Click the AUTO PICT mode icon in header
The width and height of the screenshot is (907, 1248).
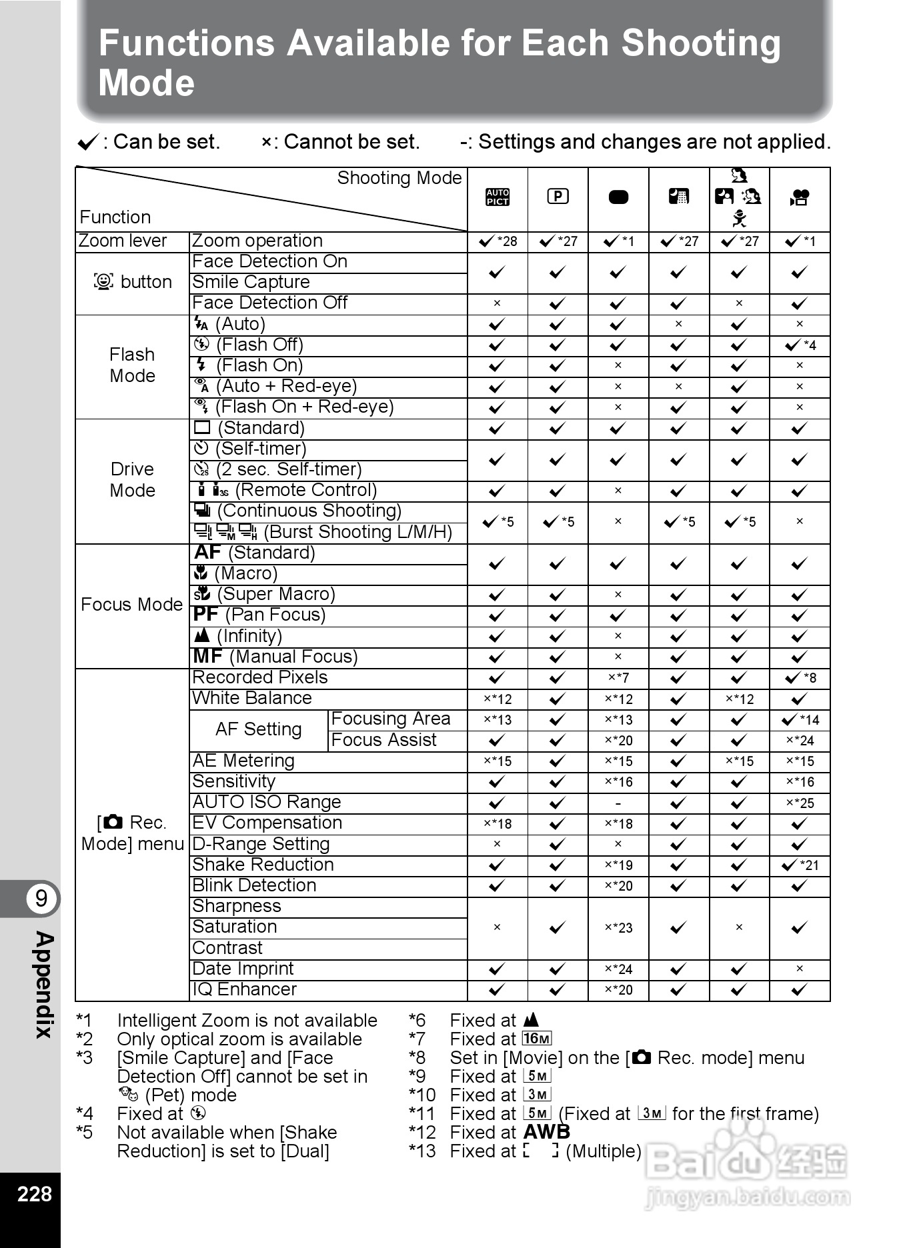click(x=498, y=197)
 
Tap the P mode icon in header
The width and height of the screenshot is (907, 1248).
click(x=558, y=196)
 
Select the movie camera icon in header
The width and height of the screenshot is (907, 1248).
click(x=799, y=197)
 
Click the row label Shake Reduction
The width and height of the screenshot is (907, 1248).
click(x=263, y=865)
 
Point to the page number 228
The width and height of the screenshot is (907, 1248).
click(x=34, y=1193)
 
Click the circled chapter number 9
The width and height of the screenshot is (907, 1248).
click(x=41, y=898)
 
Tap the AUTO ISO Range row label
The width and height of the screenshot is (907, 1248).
click(x=266, y=802)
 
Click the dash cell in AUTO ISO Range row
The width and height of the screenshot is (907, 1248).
click(x=618, y=803)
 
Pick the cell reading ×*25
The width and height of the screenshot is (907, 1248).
click(x=800, y=803)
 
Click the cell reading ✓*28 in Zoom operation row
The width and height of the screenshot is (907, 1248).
click(x=498, y=241)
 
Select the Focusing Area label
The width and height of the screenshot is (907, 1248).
click(x=391, y=719)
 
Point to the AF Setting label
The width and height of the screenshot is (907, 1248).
click(x=258, y=729)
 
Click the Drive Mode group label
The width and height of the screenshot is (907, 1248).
click(x=132, y=479)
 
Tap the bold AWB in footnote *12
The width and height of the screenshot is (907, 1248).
click(x=547, y=1132)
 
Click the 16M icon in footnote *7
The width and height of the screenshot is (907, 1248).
click(x=537, y=1039)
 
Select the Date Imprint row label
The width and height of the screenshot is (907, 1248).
click(x=243, y=969)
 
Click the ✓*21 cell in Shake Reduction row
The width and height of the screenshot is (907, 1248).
click(x=800, y=865)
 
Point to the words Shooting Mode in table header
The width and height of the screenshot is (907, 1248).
click(x=399, y=178)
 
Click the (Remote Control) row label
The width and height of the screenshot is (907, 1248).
click(x=305, y=490)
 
